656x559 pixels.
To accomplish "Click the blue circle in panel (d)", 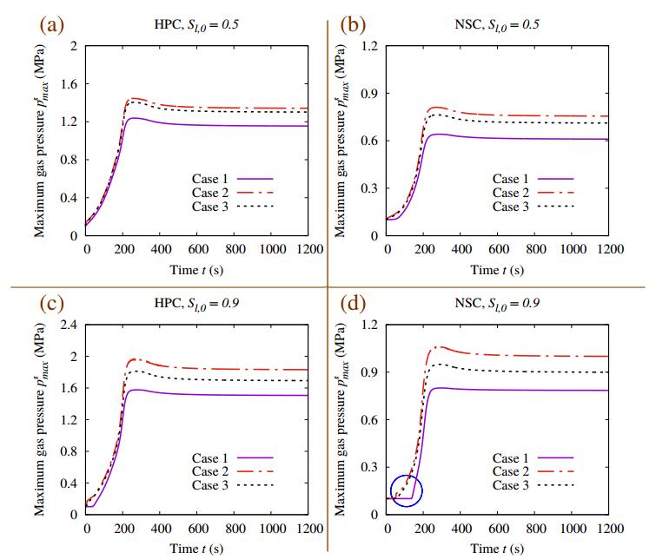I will click(407, 490).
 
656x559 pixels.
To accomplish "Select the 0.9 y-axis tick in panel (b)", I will click(368, 93).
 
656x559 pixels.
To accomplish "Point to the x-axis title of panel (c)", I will click(197, 549).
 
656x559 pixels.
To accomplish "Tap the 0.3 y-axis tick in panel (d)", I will click(368, 467).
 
